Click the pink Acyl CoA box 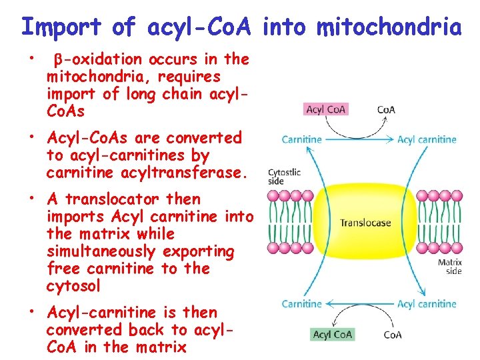(326, 109)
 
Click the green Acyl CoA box (333, 334)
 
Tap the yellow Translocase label (365, 223)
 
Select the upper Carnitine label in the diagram (301, 139)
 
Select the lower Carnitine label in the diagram (301, 304)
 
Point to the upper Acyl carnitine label (427, 139)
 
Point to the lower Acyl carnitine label (427, 304)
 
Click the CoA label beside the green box (393, 335)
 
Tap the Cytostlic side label (284, 177)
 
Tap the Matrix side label (450, 267)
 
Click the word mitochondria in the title (389, 27)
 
